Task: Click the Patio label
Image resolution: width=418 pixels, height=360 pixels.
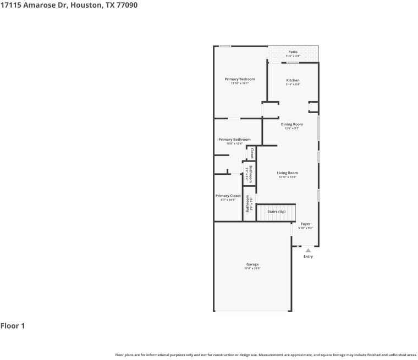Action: (293, 52)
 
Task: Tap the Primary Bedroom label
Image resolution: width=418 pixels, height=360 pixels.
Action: (240, 79)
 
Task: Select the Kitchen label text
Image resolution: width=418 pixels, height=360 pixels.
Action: (293, 80)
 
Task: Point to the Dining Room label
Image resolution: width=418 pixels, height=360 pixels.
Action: (291, 124)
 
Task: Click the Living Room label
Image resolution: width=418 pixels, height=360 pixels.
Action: (287, 173)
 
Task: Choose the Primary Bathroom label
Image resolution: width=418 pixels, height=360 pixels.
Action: (234, 140)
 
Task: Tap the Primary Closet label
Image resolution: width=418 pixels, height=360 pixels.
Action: (228, 196)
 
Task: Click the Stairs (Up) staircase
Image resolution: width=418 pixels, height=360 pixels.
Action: (276, 212)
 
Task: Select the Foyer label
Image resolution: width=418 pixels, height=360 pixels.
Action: (305, 224)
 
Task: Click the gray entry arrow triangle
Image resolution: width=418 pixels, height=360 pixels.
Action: (308, 250)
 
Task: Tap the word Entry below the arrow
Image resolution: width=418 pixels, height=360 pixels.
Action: (308, 257)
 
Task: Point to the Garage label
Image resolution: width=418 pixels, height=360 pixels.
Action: (252, 264)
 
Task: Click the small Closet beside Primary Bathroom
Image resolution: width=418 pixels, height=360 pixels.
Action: (251, 153)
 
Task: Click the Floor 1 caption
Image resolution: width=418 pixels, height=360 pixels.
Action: (13, 326)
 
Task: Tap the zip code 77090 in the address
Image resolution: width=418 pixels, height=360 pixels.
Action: (127, 5)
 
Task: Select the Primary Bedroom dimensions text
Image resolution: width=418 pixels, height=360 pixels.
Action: (240, 84)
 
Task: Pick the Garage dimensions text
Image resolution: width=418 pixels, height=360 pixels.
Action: (252, 269)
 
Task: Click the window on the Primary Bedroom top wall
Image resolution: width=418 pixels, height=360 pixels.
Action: (225, 46)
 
